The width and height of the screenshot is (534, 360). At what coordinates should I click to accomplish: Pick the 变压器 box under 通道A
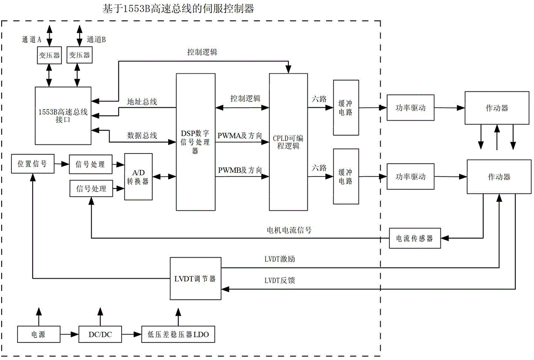[x=49, y=56]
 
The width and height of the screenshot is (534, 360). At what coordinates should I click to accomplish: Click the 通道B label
[x=96, y=39]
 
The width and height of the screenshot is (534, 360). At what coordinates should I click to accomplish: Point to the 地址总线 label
[x=142, y=101]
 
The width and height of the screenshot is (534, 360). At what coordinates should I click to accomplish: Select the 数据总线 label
[x=142, y=136]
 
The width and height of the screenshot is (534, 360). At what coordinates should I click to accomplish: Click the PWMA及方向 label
[x=239, y=136]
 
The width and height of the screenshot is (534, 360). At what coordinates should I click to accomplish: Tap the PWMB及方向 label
[x=239, y=170]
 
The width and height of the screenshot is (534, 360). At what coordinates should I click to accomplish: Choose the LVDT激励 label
[x=279, y=259]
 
